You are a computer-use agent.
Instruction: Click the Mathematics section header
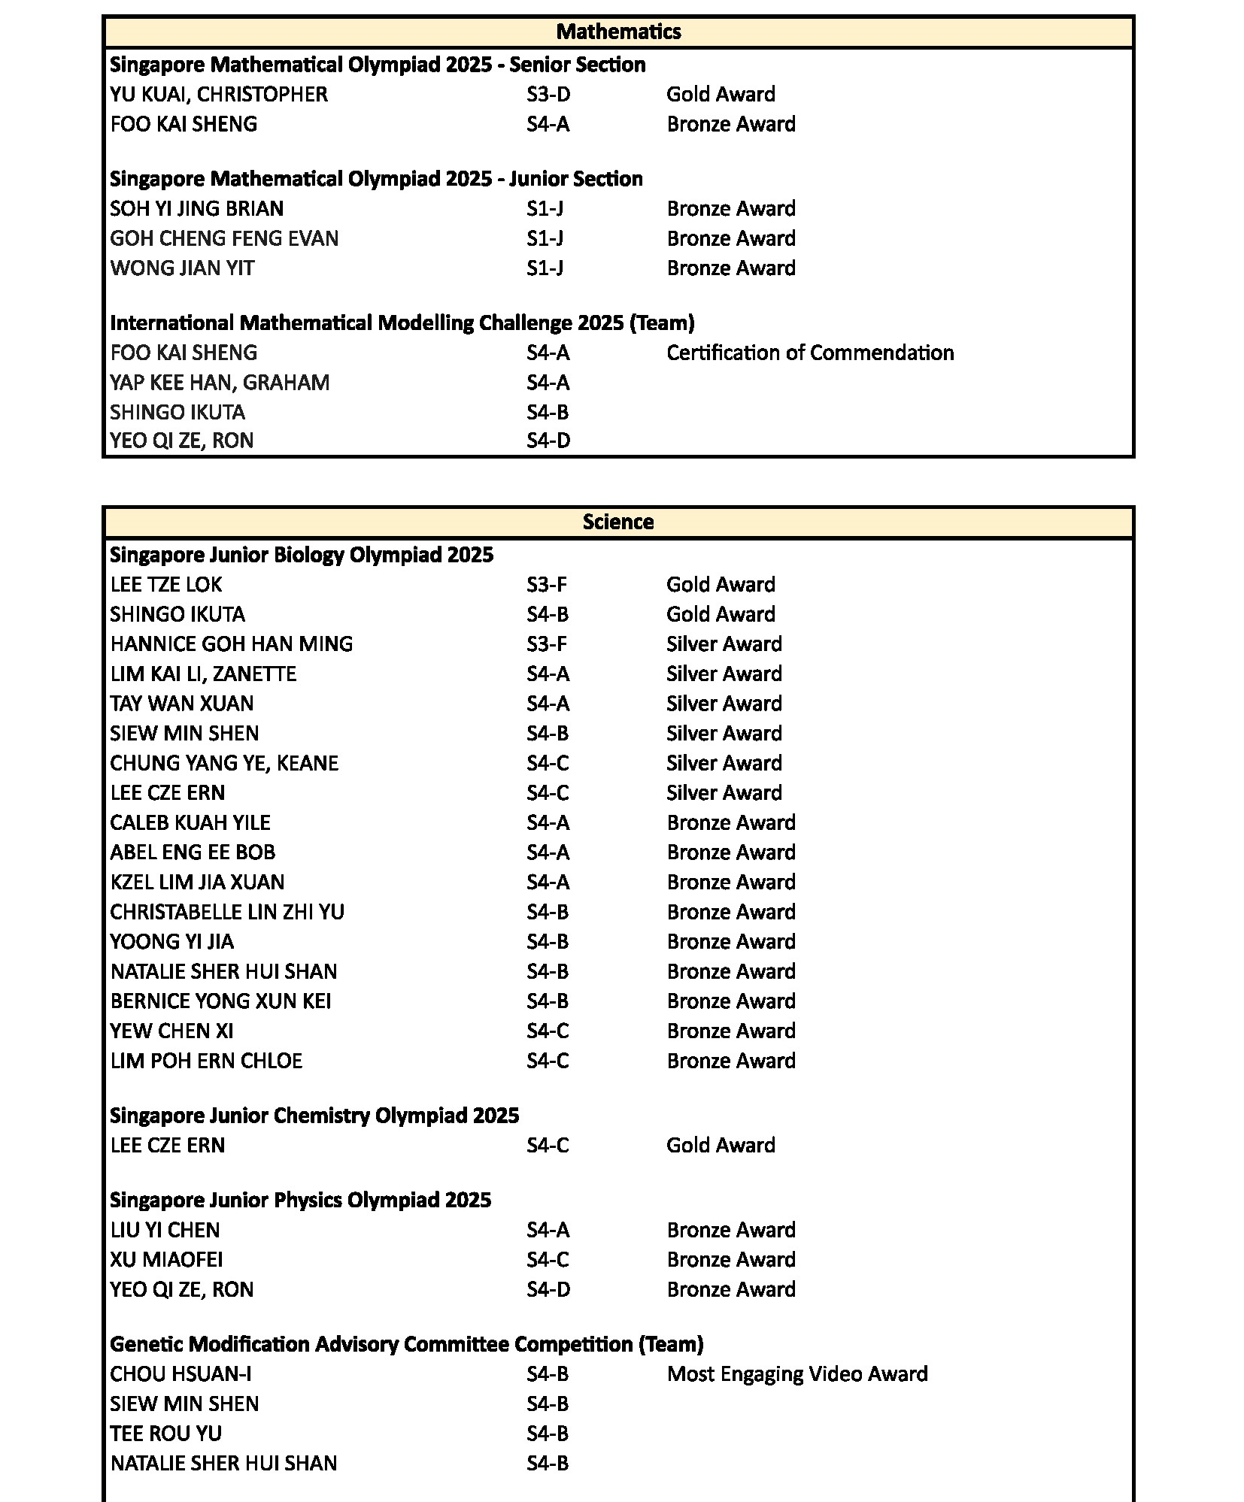(618, 32)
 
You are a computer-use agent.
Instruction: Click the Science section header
(618, 522)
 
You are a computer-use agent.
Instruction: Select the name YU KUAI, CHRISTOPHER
(219, 95)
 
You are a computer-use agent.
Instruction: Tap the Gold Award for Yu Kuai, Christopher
(721, 95)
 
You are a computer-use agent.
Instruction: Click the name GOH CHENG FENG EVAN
(224, 238)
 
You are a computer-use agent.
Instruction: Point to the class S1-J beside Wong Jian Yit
(545, 268)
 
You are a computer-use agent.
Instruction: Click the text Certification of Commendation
(810, 353)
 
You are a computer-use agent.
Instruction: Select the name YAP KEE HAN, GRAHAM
(220, 383)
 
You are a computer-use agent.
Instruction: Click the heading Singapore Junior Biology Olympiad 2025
(302, 555)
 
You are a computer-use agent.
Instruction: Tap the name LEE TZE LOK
(166, 585)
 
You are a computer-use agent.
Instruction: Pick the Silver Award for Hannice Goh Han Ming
(724, 644)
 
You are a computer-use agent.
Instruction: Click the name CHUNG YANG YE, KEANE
(224, 763)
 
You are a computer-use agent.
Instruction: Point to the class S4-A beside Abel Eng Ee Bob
(548, 852)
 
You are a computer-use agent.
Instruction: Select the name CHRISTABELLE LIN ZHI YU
(227, 912)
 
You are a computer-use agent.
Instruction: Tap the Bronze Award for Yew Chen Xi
(730, 1031)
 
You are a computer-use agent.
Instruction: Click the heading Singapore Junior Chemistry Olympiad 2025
(314, 1116)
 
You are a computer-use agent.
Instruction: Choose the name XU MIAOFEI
(166, 1259)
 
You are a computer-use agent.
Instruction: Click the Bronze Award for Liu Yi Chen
(730, 1230)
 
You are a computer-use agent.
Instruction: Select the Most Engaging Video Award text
(797, 1374)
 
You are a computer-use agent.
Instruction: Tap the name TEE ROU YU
(166, 1434)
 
